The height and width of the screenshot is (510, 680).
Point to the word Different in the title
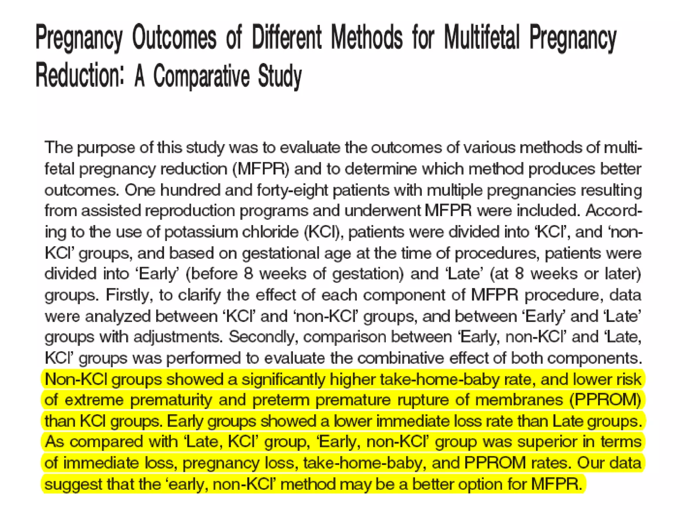point(287,37)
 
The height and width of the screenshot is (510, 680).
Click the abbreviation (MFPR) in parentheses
point(261,169)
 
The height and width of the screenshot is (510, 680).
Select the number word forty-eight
point(293,190)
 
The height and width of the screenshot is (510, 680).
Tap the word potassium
point(201,232)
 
